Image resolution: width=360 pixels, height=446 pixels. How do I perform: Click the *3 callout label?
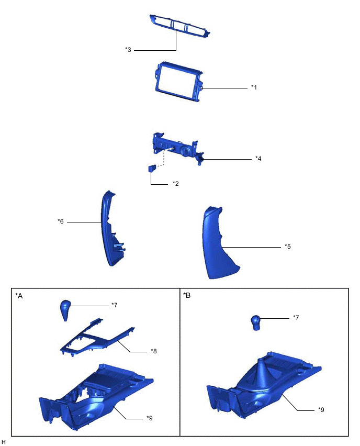[128, 50]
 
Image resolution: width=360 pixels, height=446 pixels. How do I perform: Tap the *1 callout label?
[254, 87]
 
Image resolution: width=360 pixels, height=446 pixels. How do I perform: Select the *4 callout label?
[258, 159]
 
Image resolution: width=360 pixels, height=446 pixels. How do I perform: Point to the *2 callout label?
[176, 184]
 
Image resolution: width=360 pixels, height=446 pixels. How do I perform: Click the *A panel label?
[19, 296]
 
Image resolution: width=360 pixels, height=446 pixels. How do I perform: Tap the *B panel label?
[187, 296]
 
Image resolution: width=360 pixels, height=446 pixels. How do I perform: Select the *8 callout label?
[154, 351]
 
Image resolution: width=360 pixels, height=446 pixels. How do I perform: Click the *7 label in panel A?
[114, 305]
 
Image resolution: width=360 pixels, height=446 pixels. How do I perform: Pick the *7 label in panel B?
[296, 318]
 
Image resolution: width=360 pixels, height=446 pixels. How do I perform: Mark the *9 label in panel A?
[150, 418]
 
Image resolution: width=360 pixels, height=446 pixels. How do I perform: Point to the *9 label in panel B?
[321, 410]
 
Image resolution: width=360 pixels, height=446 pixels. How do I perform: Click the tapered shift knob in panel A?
[65, 310]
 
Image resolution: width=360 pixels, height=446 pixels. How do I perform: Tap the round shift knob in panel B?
[256, 322]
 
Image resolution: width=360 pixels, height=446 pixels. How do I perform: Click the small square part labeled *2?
[152, 169]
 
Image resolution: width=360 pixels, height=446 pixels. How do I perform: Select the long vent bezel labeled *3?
[179, 27]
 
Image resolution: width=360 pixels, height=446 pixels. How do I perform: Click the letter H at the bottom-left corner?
[4, 442]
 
